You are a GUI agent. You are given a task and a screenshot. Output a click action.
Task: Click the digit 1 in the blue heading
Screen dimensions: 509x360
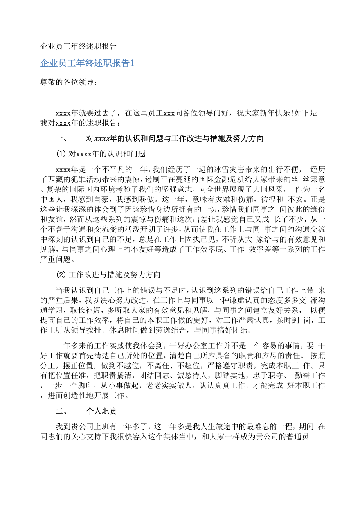pos(132,63)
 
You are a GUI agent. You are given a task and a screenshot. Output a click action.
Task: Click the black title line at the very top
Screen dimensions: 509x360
pos(78,46)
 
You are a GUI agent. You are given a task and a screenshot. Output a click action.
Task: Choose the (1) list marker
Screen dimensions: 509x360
pos(62,154)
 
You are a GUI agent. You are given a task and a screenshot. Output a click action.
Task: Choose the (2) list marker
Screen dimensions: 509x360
pos(62,275)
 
